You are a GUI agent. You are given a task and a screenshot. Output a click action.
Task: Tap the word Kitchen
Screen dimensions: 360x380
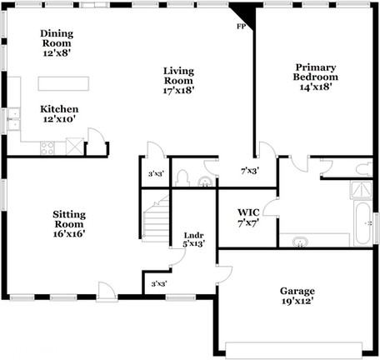click(60, 109)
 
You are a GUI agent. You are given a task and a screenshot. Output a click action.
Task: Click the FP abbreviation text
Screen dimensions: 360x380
click(242, 26)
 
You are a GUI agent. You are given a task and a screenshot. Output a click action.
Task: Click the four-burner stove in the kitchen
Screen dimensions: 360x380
click(47, 148)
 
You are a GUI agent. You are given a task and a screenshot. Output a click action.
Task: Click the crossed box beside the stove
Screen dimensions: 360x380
click(75, 147)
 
